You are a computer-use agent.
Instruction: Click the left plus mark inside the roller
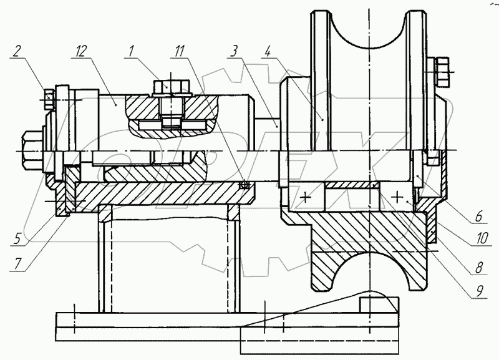click(x=306, y=199)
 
